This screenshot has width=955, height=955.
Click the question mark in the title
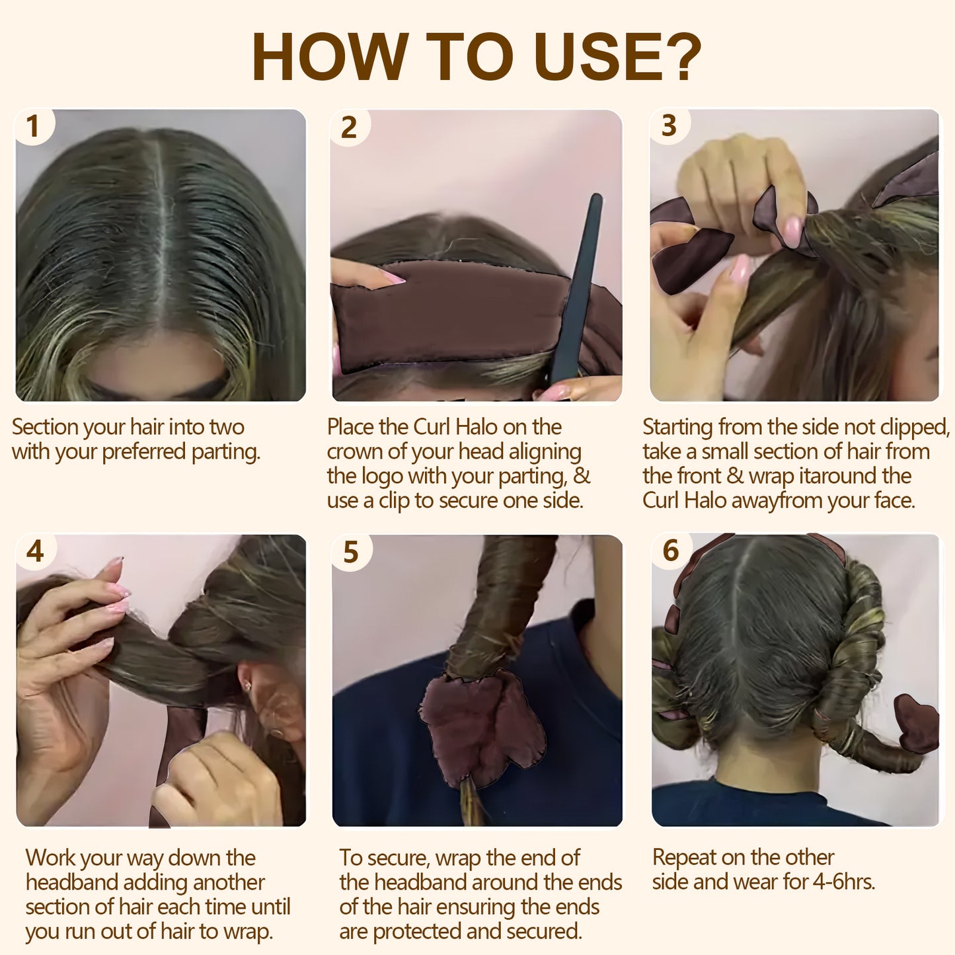click(679, 57)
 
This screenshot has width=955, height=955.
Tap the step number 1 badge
click(33, 126)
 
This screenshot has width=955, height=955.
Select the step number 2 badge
click(349, 127)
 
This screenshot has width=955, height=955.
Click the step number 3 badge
click(669, 126)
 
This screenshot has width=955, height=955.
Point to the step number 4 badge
click(35, 551)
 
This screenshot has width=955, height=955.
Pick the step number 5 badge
click(351, 552)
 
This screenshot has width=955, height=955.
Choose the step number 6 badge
click(671, 551)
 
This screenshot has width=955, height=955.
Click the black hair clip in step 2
click(576, 291)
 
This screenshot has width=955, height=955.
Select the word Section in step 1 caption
click(44, 428)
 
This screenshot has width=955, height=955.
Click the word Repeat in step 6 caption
click(684, 857)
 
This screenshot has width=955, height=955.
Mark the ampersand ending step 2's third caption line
click(582, 477)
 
